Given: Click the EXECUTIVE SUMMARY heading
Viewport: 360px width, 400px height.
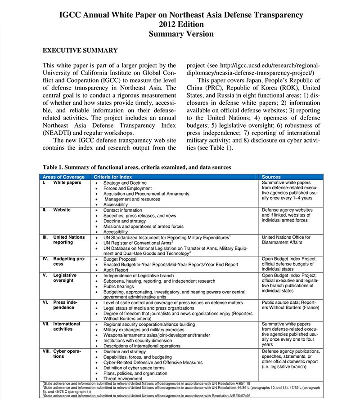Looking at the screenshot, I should click(x=80, y=50).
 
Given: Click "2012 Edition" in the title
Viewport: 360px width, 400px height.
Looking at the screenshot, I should click(x=181, y=24).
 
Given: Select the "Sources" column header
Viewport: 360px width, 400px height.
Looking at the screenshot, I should click(x=271, y=177).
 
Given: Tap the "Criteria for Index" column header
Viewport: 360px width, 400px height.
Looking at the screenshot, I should click(x=113, y=177).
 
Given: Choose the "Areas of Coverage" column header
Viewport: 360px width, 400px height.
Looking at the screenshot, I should click(x=63, y=177).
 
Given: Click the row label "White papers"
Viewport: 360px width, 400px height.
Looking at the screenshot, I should click(x=67, y=183).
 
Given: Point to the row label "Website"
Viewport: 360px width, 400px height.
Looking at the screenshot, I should click(x=62, y=210).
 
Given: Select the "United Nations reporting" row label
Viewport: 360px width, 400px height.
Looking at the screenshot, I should click(x=69, y=240).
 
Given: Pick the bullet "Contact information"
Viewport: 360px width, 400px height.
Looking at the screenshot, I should click(x=122, y=210).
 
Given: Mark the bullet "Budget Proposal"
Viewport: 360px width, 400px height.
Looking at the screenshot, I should click(x=121, y=259).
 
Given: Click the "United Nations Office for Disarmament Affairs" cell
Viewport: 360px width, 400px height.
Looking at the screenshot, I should click(x=286, y=240).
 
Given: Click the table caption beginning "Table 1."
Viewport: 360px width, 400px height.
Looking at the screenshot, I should click(x=137, y=167).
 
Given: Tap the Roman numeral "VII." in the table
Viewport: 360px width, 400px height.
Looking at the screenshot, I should click(x=46, y=324).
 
